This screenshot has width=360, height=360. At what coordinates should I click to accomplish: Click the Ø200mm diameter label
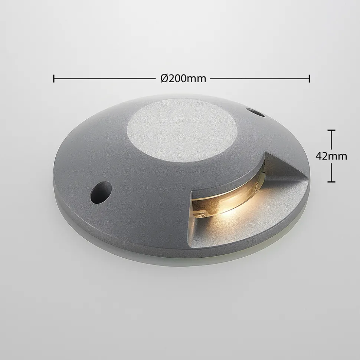tap(183, 79)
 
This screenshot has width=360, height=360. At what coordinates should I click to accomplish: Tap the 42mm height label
tap(331, 156)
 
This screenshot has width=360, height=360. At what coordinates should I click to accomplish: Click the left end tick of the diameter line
tap(54, 79)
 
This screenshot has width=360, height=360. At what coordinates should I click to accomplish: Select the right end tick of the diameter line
tap(309, 79)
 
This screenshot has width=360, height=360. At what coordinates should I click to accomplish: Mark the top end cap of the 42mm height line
tap(331, 131)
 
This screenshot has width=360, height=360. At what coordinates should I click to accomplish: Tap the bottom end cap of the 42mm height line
tap(331, 182)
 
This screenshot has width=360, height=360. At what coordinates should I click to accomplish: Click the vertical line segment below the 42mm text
tap(331, 173)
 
